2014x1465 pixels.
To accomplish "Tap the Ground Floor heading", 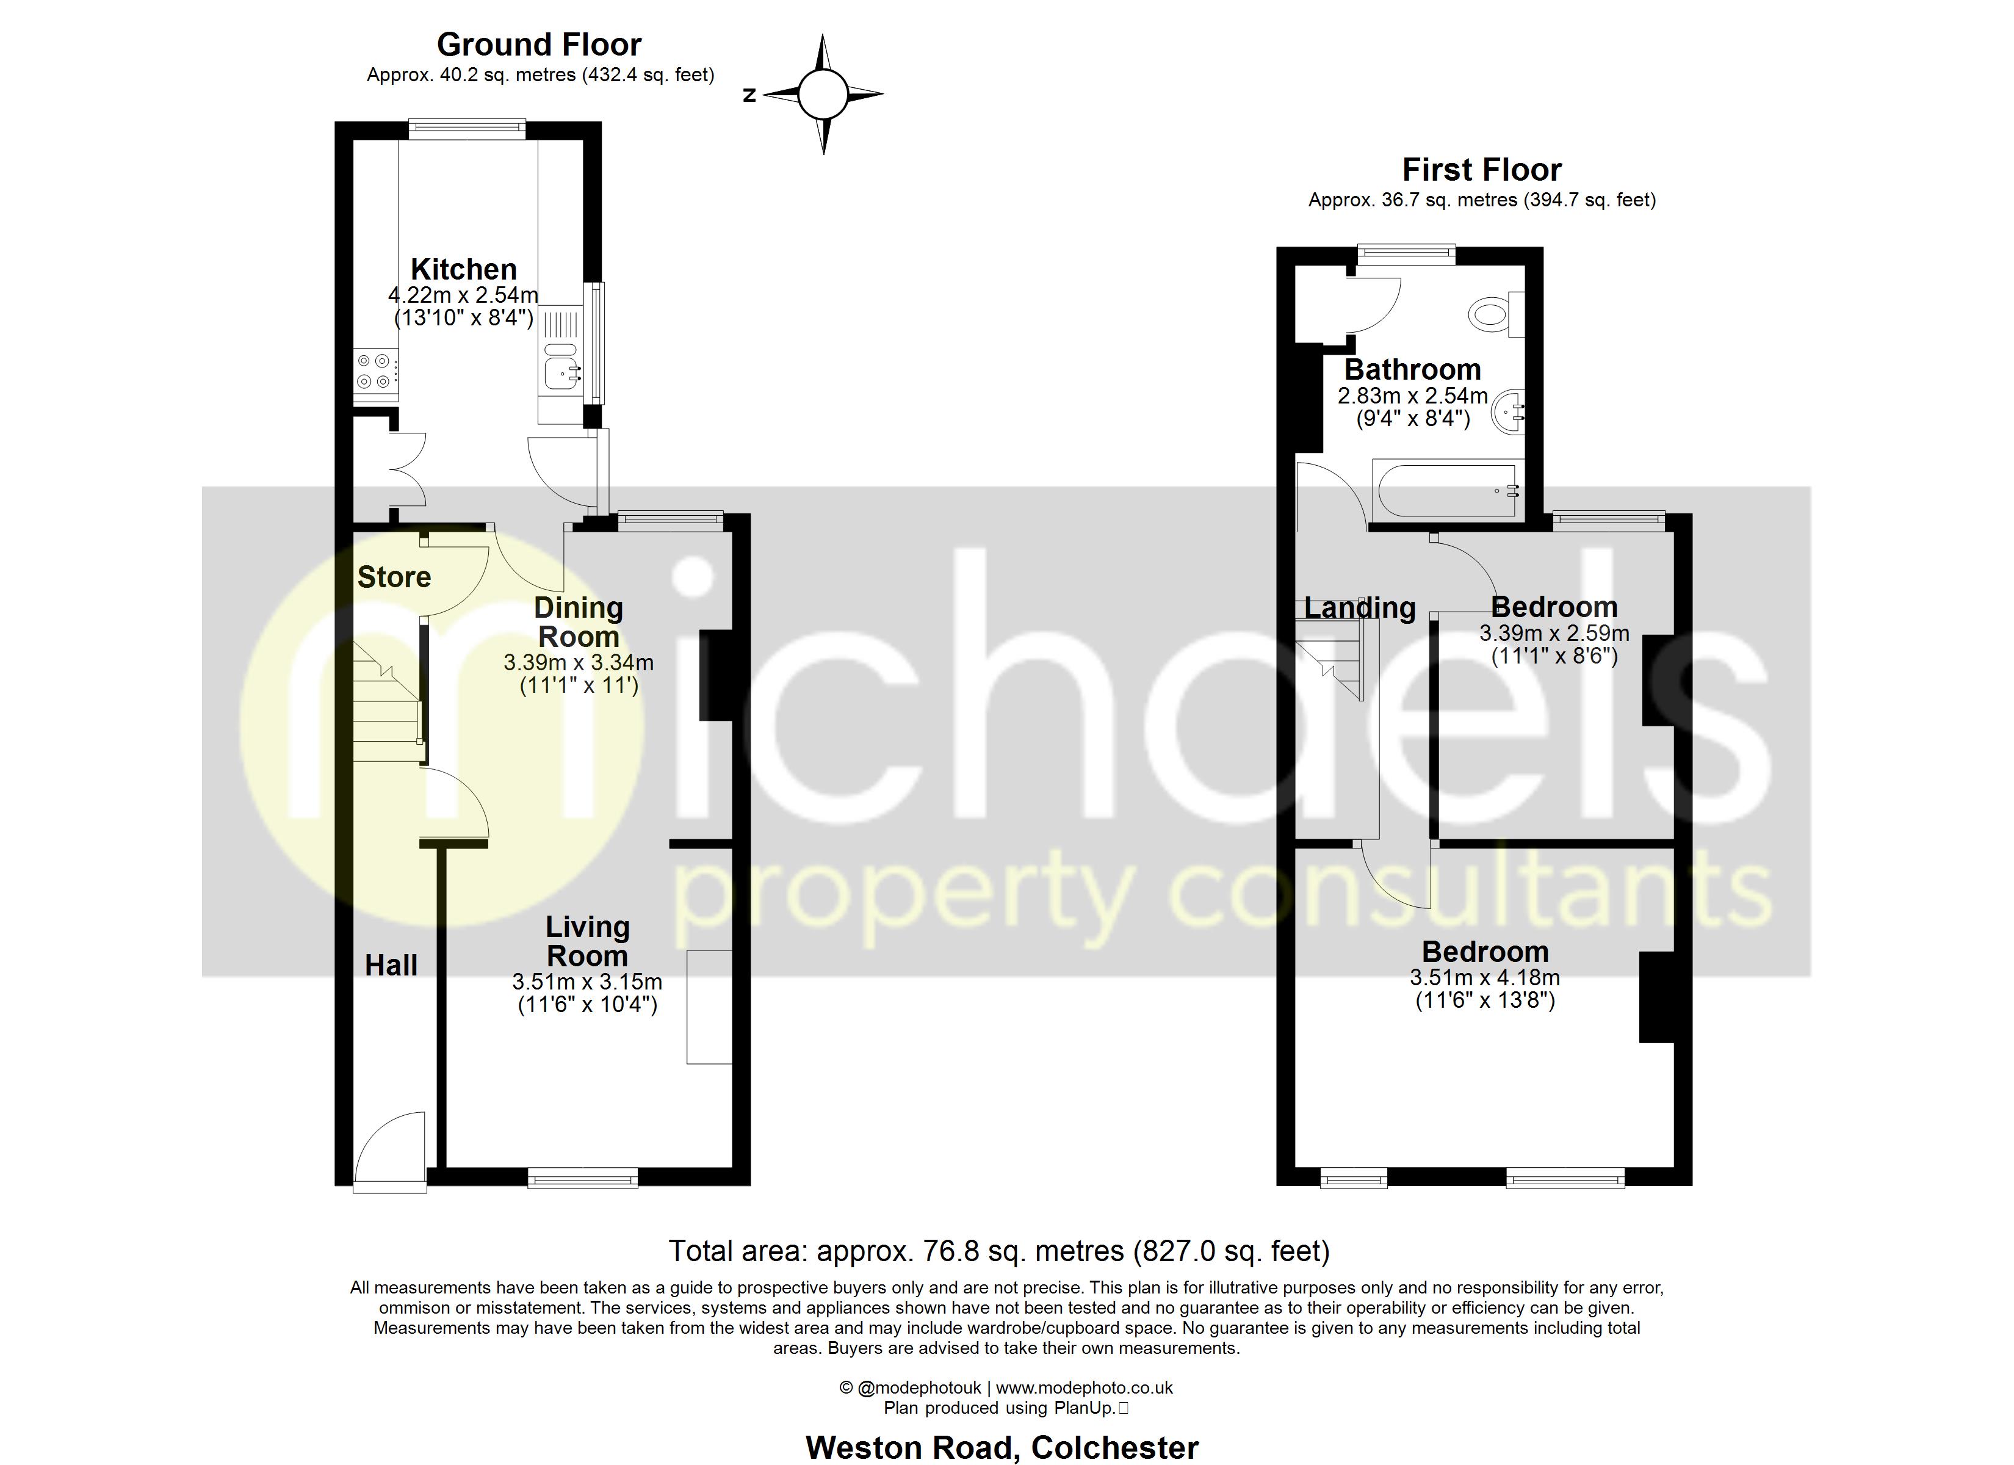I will click(539, 45).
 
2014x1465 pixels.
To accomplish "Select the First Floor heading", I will click(1481, 170).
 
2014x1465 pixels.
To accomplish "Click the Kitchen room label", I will click(464, 269).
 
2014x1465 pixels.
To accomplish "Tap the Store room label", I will click(394, 577).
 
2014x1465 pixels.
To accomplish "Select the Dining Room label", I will click(578, 622).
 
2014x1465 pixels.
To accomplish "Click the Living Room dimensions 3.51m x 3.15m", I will click(587, 982).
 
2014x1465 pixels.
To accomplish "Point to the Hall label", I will click(391, 966).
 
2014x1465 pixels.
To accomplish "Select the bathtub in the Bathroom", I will click(1448, 490).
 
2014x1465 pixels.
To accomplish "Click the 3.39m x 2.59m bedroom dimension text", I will click(1554, 634).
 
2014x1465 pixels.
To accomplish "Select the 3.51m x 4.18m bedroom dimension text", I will click(1485, 978).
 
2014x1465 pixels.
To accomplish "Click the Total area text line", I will click(999, 1251).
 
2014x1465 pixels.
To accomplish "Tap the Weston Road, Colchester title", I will click(1002, 1447).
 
